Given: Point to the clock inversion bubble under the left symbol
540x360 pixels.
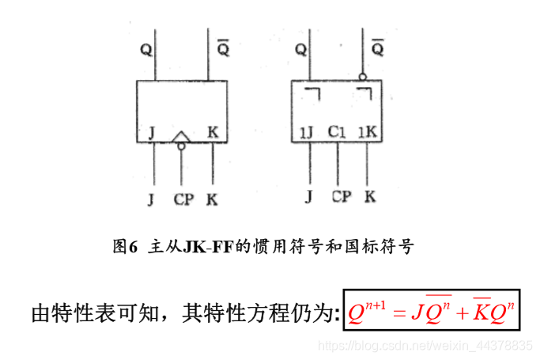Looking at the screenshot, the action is click(182, 146).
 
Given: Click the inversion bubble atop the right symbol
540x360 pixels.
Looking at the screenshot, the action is click(362, 78).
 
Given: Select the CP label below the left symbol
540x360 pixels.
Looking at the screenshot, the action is click(183, 199).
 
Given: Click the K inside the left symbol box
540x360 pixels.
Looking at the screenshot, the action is click(213, 132).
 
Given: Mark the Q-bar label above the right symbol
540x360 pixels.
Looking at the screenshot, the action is click(378, 49).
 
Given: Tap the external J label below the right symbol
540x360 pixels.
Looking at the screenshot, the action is click(309, 197).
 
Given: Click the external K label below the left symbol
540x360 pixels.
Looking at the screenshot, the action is click(212, 199).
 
